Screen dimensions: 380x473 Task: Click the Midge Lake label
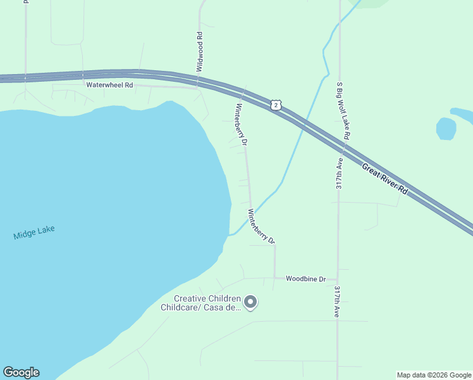click(x=34, y=232)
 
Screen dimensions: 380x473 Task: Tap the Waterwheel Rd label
click(x=109, y=85)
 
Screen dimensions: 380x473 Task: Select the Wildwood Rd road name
click(x=200, y=51)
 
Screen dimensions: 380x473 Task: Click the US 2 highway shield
click(x=275, y=105)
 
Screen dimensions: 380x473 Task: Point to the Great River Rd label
click(x=386, y=179)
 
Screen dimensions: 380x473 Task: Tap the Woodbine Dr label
click(x=305, y=279)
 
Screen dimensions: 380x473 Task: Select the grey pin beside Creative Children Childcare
click(x=250, y=303)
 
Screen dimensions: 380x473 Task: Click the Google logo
click(x=21, y=372)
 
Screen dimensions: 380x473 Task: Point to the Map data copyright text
click(x=434, y=375)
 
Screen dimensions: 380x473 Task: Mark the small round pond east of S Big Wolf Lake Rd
click(x=446, y=129)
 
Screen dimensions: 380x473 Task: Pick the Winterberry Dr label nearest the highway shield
click(x=241, y=124)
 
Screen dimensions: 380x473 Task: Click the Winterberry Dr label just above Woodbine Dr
click(x=262, y=227)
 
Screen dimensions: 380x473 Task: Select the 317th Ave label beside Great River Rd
click(x=340, y=174)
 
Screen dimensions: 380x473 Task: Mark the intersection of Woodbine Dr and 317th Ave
click(x=338, y=279)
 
